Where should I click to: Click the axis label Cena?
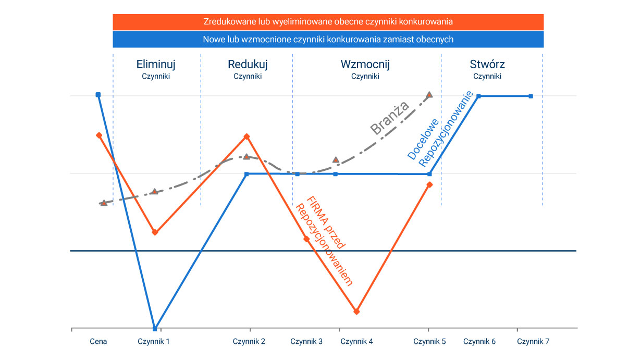coord(98,342)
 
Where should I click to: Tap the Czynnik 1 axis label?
coord(154,342)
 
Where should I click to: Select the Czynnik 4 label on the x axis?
coord(356,342)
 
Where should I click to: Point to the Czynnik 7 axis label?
coord(533,342)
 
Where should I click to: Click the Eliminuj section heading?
coord(156,65)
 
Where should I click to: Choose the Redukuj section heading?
coord(248,65)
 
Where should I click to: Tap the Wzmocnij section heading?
coord(365,65)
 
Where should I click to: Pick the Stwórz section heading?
coord(487,65)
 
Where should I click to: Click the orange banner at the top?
coord(328,22)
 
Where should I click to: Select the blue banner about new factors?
coord(328,39)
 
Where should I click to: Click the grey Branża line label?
coord(389,119)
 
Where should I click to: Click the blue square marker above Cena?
coord(98,95)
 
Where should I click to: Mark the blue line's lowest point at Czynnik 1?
coord(155,329)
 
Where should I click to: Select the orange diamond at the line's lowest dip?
coord(356,312)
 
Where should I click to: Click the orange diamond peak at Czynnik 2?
coord(247,136)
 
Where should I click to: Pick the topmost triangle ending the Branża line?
coord(429,95)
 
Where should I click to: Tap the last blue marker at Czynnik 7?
coord(531,96)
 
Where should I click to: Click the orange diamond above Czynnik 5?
coord(429,184)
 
